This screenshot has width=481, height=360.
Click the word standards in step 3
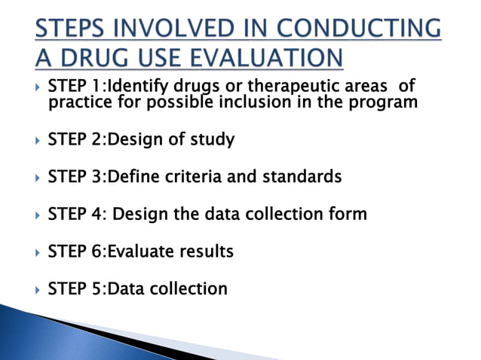302,176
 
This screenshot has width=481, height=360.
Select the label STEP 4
76,214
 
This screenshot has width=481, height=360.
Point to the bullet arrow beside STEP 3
38,178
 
